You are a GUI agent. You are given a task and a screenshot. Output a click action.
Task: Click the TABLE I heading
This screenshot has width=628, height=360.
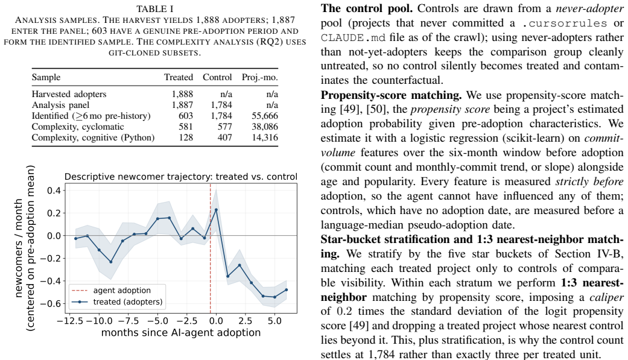tap(154, 9)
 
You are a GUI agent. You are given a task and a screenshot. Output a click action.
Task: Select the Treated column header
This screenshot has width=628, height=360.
tap(178, 77)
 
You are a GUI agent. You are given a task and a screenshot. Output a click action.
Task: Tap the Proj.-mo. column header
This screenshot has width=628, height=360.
tap(259, 78)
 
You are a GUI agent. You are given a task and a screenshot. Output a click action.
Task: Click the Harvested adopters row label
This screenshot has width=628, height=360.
tap(69, 94)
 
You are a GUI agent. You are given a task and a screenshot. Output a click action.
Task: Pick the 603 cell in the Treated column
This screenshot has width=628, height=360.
tap(186, 116)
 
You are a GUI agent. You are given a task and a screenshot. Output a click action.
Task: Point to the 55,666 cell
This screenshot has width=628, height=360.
tap(265, 116)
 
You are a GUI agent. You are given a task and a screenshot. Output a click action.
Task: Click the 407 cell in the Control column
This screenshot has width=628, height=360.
tap(224, 137)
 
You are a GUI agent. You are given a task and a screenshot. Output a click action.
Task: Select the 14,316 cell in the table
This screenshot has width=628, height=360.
tap(265, 137)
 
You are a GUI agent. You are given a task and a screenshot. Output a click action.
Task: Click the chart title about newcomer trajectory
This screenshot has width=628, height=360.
tap(180, 177)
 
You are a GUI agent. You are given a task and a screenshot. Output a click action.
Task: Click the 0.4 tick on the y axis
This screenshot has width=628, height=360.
tap(54, 191)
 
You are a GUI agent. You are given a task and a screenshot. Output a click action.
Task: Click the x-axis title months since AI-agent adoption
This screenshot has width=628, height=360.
tap(180, 333)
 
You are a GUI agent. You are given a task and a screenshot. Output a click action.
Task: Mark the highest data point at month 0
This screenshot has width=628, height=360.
tap(217, 209)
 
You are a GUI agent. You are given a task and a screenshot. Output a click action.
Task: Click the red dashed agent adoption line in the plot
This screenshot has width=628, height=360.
tap(211, 248)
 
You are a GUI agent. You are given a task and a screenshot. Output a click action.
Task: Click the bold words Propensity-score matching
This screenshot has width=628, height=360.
tap(392, 95)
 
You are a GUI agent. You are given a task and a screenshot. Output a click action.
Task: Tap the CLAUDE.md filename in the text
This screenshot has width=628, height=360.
tap(354, 37)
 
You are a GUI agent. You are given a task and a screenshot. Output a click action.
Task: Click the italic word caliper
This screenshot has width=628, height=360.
tap(606, 297)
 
